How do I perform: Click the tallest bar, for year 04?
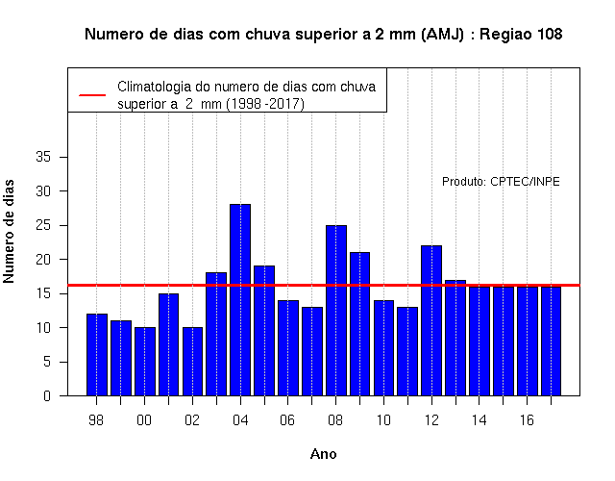click(x=240, y=300)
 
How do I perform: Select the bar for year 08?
click(x=336, y=311)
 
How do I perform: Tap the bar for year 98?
click(x=96, y=355)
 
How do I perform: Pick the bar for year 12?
click(x=431, y=320)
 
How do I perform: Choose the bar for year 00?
click(x=145, y=362)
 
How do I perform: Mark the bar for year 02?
click(x=192, y=362)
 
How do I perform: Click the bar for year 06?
click(x=288, y=348)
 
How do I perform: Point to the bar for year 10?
click(x=383, y=348)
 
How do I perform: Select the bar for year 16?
click(x=528, y=342)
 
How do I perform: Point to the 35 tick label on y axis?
click(x=43, y=157)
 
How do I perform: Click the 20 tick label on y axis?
click(x=43, y=260)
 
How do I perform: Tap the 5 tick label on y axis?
click(x=47, y=362)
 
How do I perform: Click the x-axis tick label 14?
click(x=479, y=420)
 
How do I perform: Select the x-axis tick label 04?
click(x=240, y=420)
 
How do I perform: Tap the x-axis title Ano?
click(x=323, y=454)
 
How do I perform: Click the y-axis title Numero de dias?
click(x=9, y=232)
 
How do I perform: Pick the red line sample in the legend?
click(x=92, y=95)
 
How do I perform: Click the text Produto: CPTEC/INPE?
click(x=501, y=182)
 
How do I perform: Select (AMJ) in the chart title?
click(x=442, y=35)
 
